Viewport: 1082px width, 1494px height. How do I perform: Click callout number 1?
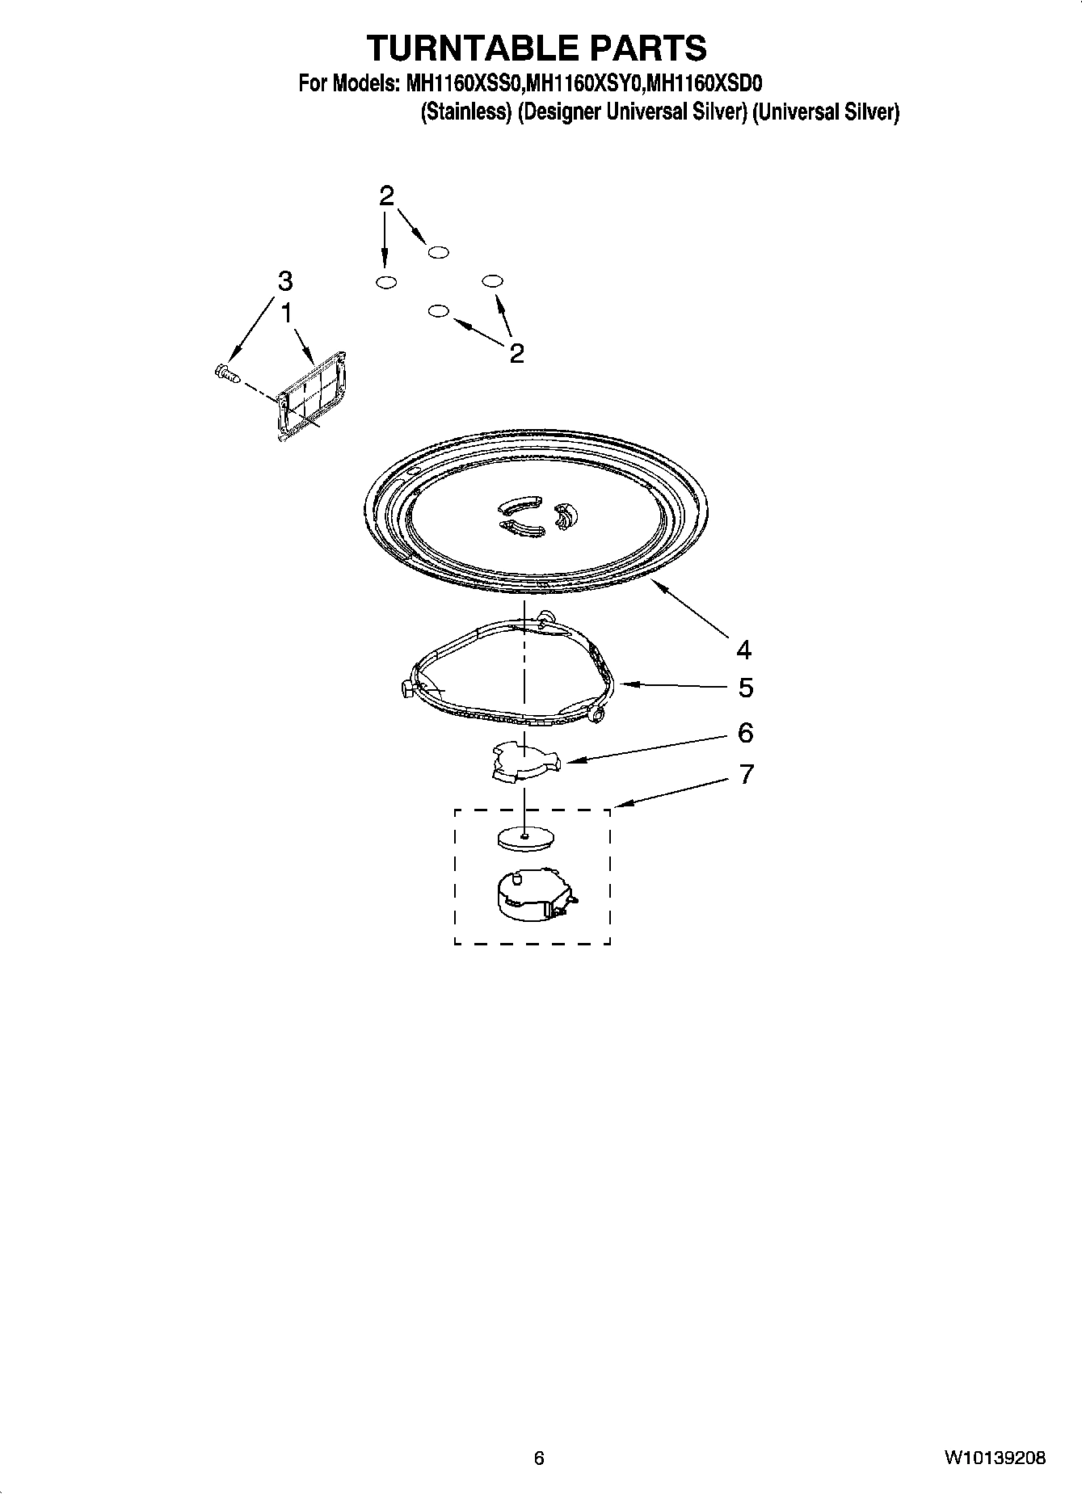pyautogui.click(x=285, y=312)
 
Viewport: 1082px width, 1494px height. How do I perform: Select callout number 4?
pyautogui.click(x=743, y=649)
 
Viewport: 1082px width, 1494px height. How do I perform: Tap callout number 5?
pyautogui.click(x=745, y=688)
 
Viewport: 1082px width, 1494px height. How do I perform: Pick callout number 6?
pyautogui.click(x=745, y=733)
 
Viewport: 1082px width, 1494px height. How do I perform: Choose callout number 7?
pyautogui.click(x=746, y=774)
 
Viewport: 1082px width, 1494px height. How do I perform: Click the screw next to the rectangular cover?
pyautogui.click(x=227, y=372)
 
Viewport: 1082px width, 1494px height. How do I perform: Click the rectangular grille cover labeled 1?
pyautogui.click(x=312, y=396)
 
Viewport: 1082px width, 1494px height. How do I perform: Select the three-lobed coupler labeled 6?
pyautogui.click(x=524, y=763)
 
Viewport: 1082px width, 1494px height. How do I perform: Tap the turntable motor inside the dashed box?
pyautogui.click(x=533, y=894)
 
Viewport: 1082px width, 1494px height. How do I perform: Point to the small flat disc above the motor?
pyautogui.click(x=524, y=838)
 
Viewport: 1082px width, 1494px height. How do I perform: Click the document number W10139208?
pyautogui.click(x=993, y=1458)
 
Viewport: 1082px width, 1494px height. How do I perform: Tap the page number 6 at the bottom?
pyautogui.click(x=539, y=1458)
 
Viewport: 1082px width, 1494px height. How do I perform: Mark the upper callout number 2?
pyautogui.click(x=387, y=195)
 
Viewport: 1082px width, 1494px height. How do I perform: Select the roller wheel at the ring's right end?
pyautogui.click(x=599, y=713)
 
